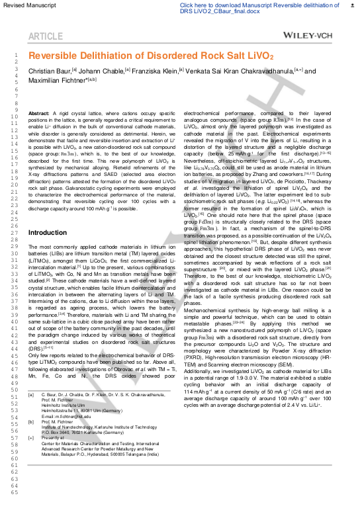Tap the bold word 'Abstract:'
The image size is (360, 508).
pyautogui.click(x=39, y=114)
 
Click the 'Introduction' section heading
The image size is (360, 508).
pyautogui.click(x=47, y=233)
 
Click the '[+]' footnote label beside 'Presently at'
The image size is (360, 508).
pyautogui.click(x=31, y=437)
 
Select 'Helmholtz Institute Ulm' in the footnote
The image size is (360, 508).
pyautogui.click(x=65, y=405)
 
